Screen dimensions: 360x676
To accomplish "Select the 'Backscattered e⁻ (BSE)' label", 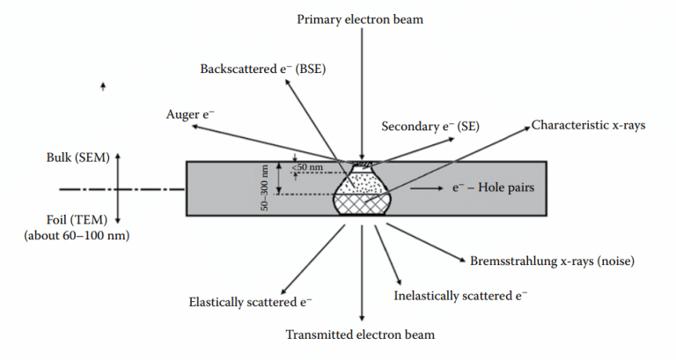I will pos(262,69).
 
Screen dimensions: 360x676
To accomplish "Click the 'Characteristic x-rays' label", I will pos(588,125).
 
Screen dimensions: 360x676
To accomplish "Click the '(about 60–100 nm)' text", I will pos(79,236).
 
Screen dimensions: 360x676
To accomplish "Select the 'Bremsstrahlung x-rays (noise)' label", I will pos(553,261).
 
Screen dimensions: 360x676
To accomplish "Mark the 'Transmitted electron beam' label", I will pos(360,334).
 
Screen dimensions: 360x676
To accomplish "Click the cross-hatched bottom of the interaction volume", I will pos(361,203).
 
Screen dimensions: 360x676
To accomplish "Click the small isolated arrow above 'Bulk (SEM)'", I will pos(104,86).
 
